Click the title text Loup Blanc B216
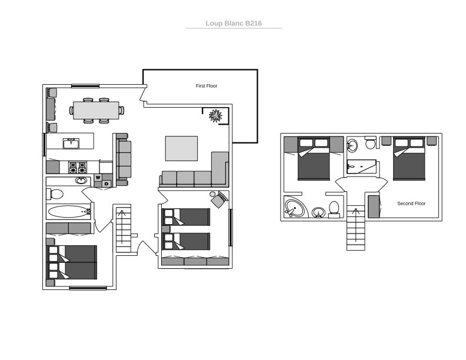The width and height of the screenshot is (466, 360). [234, 24]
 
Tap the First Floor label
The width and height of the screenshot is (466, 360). [207, 86]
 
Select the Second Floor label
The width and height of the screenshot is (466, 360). [411, 204]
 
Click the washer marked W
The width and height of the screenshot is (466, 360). [98, 177]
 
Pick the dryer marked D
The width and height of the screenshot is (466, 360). [106, 184]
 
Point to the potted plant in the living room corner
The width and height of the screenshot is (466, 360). [215, 115]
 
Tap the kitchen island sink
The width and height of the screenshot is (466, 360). [71, 142]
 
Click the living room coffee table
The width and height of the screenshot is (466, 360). [181, 148]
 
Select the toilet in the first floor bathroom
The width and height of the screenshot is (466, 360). [56, 194]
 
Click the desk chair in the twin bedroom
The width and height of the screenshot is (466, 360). [221, 199]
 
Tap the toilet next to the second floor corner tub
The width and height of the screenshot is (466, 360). [334, 209]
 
